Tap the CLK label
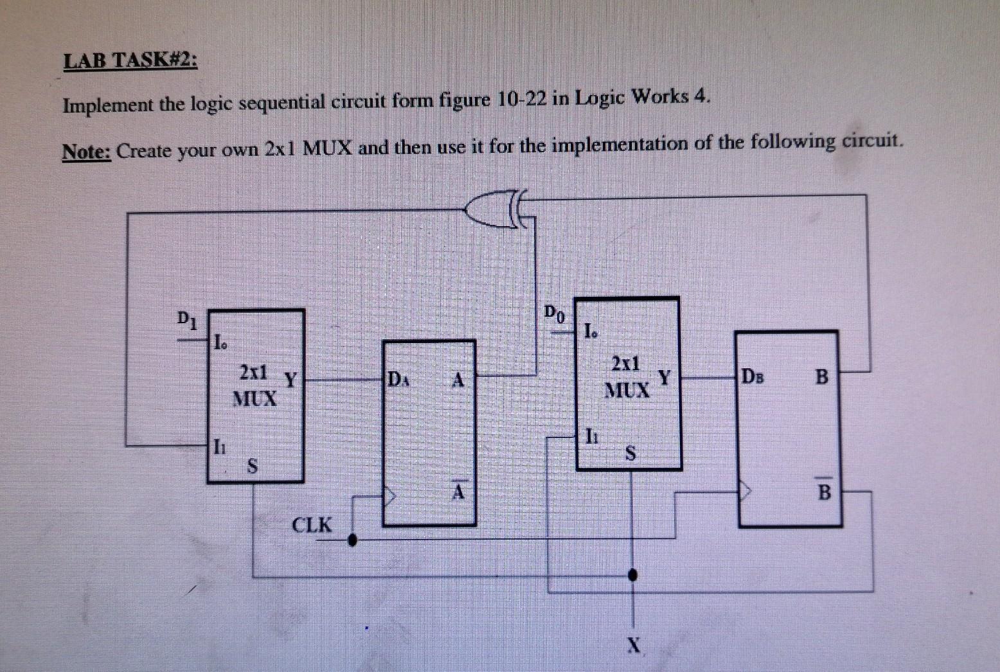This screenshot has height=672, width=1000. tap(312, 525)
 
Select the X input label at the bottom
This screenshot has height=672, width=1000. tap(634, 644)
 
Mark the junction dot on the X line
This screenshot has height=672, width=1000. tap(633, 574)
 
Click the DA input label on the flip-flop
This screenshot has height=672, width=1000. tap(397, 378)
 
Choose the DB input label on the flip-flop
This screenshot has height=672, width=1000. tap(753, 376)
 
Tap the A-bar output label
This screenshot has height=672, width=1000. tap(458, 490)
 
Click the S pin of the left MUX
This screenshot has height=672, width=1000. tap(253, 465)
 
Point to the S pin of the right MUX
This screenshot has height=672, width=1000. tap(630, 454)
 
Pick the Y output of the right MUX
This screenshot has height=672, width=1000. tap(664, 377)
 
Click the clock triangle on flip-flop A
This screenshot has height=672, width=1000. tap(389, 495)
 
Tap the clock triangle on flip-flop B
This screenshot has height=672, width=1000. tap(744, 492)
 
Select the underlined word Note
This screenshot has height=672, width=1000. tap(87, 152)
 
